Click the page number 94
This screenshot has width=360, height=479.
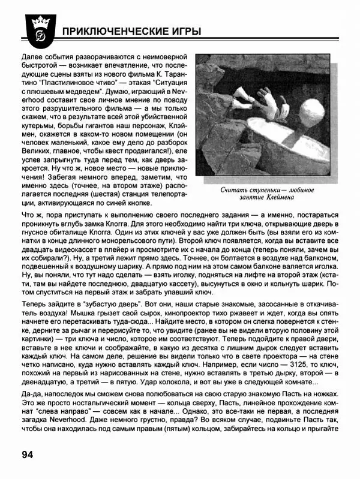30,453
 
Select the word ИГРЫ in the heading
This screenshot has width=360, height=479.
183,31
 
